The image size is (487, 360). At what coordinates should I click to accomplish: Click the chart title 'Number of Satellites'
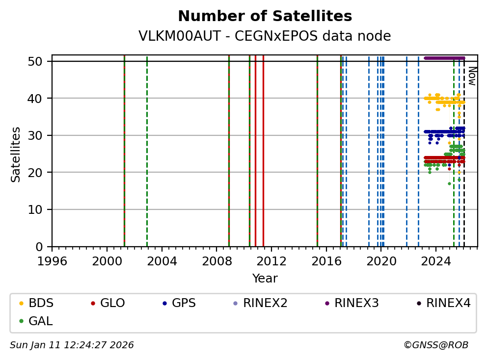(265, 17)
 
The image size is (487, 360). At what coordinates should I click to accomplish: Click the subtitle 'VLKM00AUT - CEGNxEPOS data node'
(265, 36)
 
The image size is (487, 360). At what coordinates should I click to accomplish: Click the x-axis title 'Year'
(265, 279)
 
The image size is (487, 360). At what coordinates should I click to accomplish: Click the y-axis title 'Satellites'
(16, 154)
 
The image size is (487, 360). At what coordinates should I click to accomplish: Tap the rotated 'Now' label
(471, 76)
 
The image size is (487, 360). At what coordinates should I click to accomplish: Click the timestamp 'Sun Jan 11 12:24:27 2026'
(72, 345)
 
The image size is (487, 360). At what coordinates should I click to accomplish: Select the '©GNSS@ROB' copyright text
(435, 345)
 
